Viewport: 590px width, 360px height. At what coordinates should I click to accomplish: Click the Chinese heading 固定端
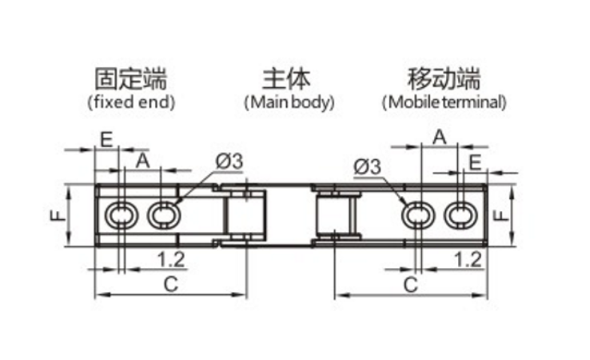click(x=130, y=79)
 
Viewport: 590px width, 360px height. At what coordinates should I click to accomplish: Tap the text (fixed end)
click(x=130, y=102)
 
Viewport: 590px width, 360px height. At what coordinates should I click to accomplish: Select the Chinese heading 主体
click(x=286, y=79)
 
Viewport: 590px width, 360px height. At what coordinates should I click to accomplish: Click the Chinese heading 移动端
click(x=444, y=79)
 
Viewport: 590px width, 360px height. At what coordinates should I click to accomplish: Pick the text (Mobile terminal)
click(x=444, y=102)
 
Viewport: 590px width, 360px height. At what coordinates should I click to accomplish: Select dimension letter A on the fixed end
click(x=142, y=160)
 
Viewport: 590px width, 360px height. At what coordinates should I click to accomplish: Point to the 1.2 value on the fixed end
click(x=169, y=258)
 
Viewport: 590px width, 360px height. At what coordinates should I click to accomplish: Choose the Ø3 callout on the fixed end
click(x=229, y=161)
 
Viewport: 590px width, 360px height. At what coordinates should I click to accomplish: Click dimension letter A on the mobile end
click(x=439, y=137)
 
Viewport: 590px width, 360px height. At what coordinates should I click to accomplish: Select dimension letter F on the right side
click(x=499, y=215)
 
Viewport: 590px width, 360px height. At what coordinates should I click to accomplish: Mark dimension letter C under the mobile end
click(x=410, y=283)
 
